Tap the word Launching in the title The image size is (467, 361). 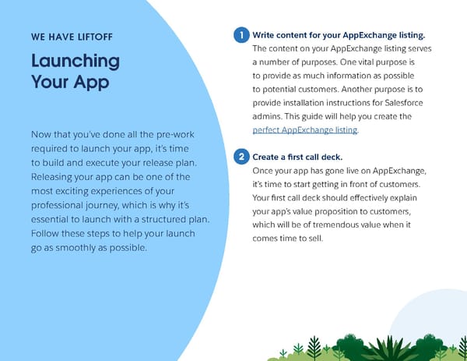(x=75, y=61)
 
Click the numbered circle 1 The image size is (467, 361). (x=243, y=36)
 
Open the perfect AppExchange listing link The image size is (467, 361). (x=306, y=129)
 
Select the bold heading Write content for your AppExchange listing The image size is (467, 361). (x=339, y=36)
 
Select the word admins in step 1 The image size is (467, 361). (x=270, y=116)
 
